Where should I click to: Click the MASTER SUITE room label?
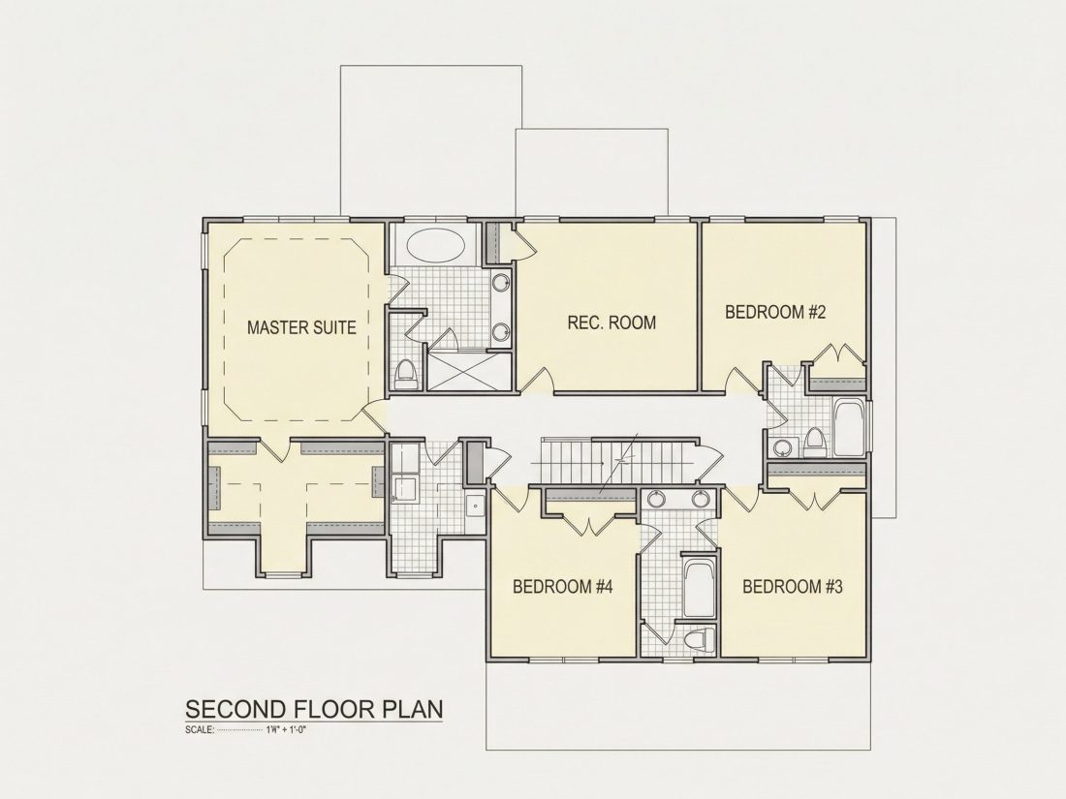(x=301, y=327)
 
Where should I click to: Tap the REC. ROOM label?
(x=611, y=323)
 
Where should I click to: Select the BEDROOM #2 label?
(x=775, y=313)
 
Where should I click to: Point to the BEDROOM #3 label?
(x=793, y=586)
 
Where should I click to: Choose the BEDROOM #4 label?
(x=563, y=586)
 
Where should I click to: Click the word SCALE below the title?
(x=200, y=731)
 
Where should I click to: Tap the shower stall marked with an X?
(x=468, y=371)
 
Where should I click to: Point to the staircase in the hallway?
(x=617, y=461)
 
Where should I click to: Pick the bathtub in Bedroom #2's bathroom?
(x=849, y=429)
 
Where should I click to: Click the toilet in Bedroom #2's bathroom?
(x=814, y=444)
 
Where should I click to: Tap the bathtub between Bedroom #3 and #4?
(x=698, y=589)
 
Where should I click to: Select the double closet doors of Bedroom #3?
(x=814, y=500)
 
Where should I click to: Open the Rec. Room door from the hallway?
(x=539, y=380)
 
